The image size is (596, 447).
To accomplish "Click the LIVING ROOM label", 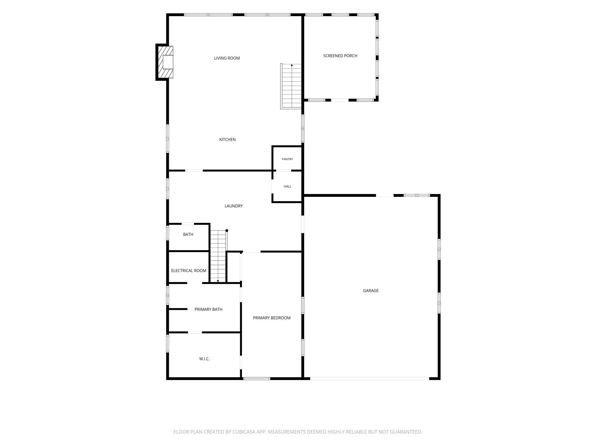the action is point(227,58).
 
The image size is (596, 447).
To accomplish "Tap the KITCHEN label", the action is point(228,140).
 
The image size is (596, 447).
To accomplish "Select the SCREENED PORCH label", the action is point(340,56).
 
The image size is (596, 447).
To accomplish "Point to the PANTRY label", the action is point(287,159).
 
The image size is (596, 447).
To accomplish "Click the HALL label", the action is point(287,187).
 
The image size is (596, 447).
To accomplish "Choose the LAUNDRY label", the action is point(234,206).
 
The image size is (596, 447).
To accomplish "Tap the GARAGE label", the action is point(371,291).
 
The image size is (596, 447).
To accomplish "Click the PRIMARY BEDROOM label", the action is point(272,318).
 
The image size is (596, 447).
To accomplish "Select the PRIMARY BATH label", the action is point(208,309).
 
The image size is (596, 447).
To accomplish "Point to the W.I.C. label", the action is point(204,359).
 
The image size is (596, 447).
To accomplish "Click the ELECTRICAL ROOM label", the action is point(189,271).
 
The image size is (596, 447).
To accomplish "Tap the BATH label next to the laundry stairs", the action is point(188,234).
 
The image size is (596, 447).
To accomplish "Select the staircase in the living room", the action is point(291,86).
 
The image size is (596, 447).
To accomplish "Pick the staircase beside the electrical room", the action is point(218,256).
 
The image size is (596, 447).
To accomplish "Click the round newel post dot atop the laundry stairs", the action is point(227,230).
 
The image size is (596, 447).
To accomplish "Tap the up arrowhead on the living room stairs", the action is point(292,65).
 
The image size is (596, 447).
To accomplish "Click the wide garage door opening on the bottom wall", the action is point(370,379).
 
